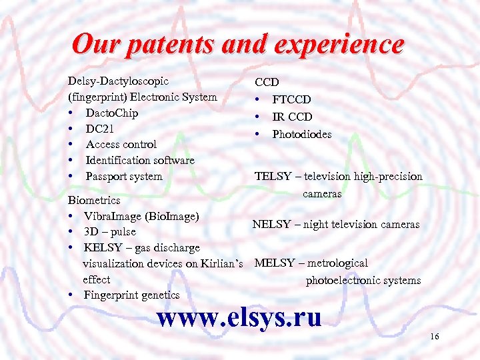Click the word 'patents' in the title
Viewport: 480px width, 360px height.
coord(172,45)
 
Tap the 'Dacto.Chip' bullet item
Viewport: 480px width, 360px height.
coord(111,113)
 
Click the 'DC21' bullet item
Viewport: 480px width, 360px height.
coord(100,129)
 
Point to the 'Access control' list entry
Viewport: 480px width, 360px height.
coord(121,144)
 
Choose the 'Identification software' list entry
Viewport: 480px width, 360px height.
coord(140,160)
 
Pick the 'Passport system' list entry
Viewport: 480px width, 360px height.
coord(124,176)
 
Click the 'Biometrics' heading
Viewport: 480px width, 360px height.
coord(94,200)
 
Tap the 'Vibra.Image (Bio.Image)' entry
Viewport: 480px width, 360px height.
coord(141,216)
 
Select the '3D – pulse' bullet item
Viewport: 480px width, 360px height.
coord(109,232)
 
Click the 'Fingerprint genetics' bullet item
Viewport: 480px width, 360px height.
coord(131,295)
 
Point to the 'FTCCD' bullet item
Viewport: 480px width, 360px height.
coord(291,100)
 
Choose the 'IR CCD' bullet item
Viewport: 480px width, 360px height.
coord(292,117)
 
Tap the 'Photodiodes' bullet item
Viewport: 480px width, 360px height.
coord(301,135)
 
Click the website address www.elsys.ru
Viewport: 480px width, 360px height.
coord(239,317)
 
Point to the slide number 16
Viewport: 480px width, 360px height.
coord(434,337)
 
